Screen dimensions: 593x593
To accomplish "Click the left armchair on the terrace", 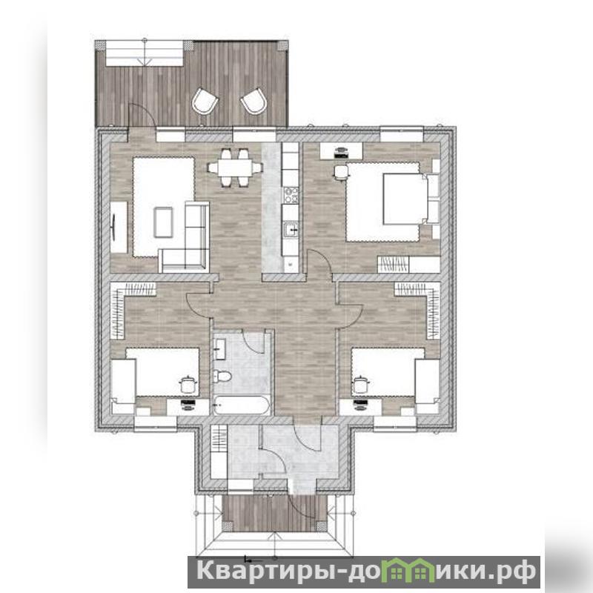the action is (x=205, y=101).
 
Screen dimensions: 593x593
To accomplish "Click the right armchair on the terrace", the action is (x=254, y=101).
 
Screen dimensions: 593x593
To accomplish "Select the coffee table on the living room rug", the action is (x=163, y=222).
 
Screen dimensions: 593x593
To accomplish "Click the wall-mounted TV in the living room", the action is (x=113, y=227).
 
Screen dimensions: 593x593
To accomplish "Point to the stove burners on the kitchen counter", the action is (x=291, y=195).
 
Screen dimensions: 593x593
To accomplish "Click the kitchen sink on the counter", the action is (x=291, y=230).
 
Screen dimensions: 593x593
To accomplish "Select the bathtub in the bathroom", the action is (x=242, y=405).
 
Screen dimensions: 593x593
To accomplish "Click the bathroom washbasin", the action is (x=219, y=348).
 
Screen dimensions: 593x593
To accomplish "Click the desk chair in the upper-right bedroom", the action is (x=341, y=172).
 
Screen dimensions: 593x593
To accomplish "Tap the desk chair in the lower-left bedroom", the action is (x=188, y=385).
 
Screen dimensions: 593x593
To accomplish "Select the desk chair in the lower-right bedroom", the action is (x=360, y=385).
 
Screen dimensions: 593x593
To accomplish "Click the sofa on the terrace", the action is (x=145, y=53).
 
